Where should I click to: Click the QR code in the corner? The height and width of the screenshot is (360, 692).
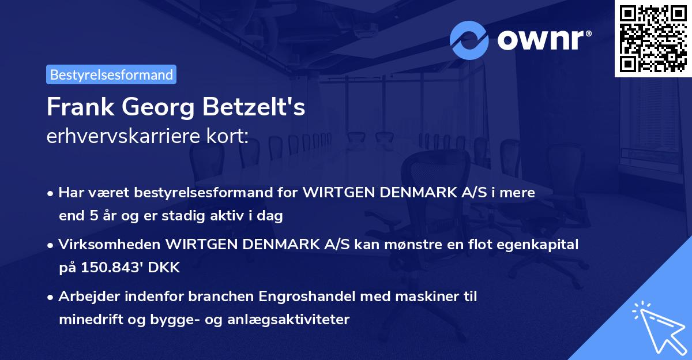point(652,38)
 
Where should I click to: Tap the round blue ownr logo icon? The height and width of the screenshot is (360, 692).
point(470,40)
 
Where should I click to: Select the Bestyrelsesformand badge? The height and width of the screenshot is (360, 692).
point(111,74)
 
